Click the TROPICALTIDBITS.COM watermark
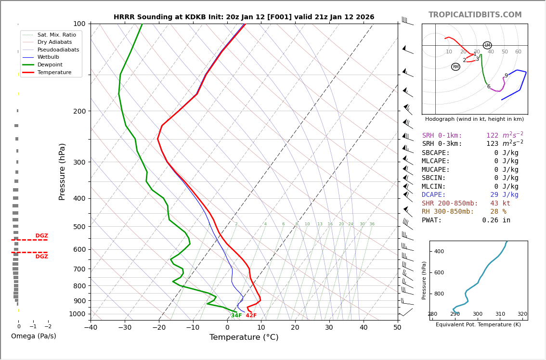pyautogui.click(x=475, y=15)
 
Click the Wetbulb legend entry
pyautogui.click(x=48, y=57)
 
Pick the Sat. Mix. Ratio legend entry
pyautogui.click(x=56, y=35)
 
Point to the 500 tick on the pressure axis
pyautogui.click(x=79, y=227)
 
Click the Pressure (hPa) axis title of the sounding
pyautogui.click(x=62, y=171)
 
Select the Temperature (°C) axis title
pyautogui.click(x=244, y=337)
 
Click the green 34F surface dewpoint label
pyautogui.click(x=236, y=316)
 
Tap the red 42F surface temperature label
pyautogui.click(x=251, y=316)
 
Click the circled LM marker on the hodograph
pyautogui.click(x=487, y=45)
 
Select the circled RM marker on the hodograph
pyautogui.click(x=455, y=67)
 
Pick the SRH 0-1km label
pyautogui.click(x=442, y=136)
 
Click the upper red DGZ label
pyautogui.click(x=41, y=236)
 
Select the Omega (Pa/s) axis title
pyautogui.click(x=33, y=336)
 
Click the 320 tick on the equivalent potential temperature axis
pyautogui.click(x=522, y=314)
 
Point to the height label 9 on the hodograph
pyautogui.click(x=506, y=76)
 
